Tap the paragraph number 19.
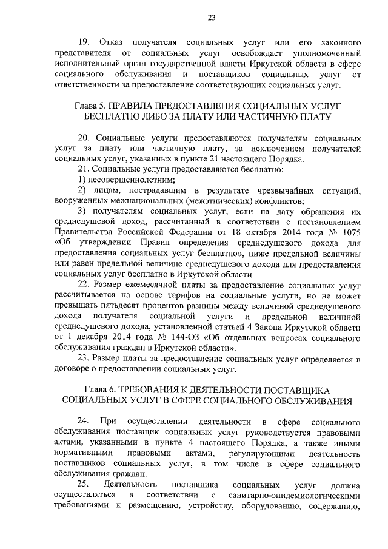pos(85,42)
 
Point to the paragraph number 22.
pos(84,283)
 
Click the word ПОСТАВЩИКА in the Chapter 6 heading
pos(279,388)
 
